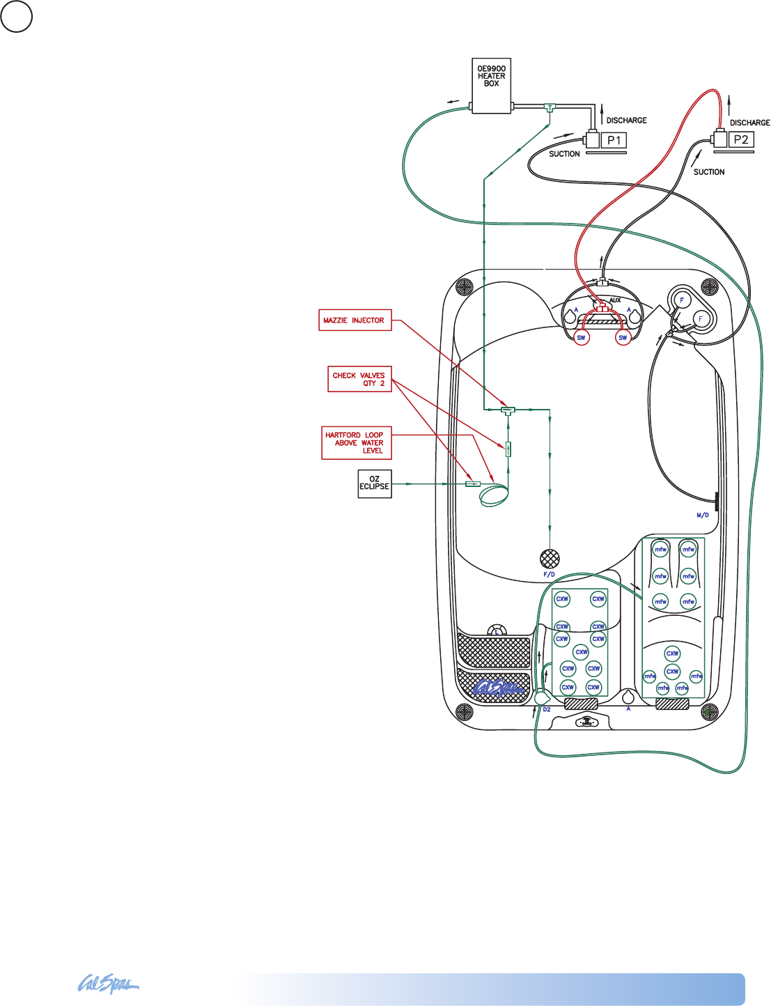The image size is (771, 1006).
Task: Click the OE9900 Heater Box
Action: tap(491, 85)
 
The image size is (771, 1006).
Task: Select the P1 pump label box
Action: tap(614, 140)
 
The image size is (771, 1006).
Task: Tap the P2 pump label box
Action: tap(741, 139)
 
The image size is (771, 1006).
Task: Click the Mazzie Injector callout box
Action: tap(355, 320)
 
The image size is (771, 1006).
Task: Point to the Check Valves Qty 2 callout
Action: tap(359, 379)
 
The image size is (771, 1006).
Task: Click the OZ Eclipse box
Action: tap(374, 483)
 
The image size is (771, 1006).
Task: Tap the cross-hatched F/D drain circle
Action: tap(550, 558)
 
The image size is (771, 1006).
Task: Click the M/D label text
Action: tap(702, 516)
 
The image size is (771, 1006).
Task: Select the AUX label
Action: tap(615, 300)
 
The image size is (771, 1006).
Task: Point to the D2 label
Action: tap(547, 709)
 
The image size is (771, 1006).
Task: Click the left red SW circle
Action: tap(581, 338)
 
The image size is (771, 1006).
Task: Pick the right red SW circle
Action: tap(623, 338)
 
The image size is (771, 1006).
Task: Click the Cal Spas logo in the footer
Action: tap(108, 984)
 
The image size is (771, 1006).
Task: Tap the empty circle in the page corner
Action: tap(16, 17)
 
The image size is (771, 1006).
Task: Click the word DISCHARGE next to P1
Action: tap(626, 121)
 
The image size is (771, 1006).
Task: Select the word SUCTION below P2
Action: tap(709, 172)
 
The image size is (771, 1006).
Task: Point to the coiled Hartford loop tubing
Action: tap(494, 495)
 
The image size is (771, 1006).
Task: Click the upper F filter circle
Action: tap(681, 300)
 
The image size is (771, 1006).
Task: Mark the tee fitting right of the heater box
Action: tap(550, 108)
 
